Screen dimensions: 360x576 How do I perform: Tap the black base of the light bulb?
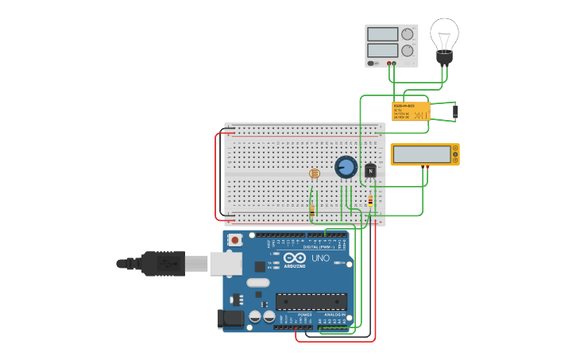(x=444, y=58)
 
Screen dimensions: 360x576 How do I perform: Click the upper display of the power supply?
(x=383, y=34)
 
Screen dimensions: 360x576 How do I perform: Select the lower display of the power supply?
(x=383, y=51)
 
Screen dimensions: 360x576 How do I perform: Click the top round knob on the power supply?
(x=408, y=34)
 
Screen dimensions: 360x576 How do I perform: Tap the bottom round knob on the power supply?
(x=408, y=51)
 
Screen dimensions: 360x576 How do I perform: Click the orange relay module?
(x=411, y=110)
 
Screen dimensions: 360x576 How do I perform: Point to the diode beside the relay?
(x=455, y=111)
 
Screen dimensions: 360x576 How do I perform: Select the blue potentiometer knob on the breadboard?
(x=346, y=167)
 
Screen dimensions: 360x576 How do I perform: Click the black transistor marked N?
(x=370, y=170)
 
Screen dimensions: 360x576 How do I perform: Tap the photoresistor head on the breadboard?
(x=314, y=173)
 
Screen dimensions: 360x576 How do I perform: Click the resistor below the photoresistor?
(x=312, y=210)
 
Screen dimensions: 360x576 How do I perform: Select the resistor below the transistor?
(x=370, y=202)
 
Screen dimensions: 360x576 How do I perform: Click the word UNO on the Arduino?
(x=320, y=258)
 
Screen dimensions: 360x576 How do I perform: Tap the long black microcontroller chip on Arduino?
(x=311, y=301)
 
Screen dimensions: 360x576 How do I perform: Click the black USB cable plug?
(x=163, y=263)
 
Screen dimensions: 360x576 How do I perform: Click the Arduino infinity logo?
(x=295, y=257)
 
